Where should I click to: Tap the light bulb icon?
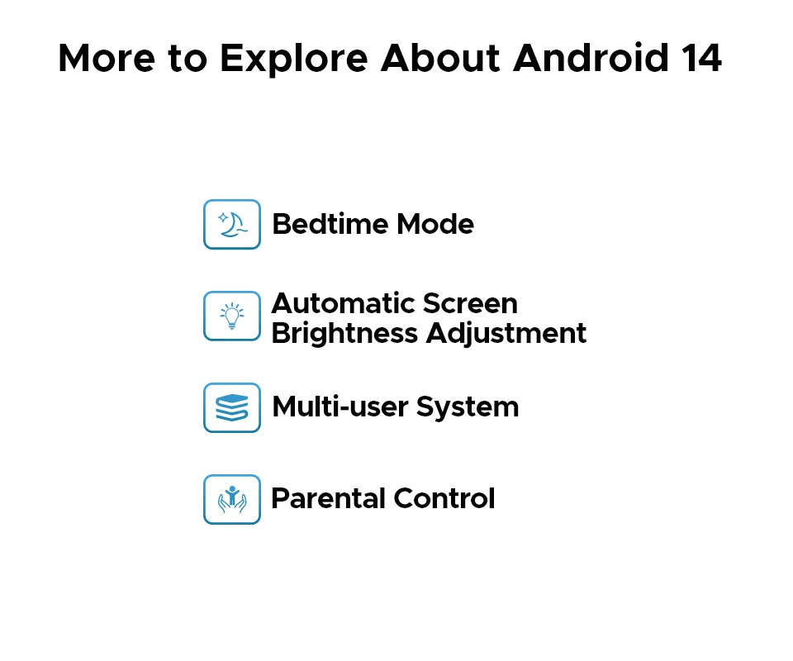[x=232, y=316]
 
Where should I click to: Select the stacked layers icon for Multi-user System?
[x=232, y=407]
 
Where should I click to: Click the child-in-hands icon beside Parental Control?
[x=232, y=499]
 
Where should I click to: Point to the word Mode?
[x=435, y=224]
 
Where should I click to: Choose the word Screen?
[x=470, y=303]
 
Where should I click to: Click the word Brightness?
[x=345, y=334]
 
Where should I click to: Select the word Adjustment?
[x=506, y=334]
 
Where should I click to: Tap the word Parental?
[x=328, y=498]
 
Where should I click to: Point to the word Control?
[x=444, y=498]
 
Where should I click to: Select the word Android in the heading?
[x=591, y=58]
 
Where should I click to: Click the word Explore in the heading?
[x=294, y=59]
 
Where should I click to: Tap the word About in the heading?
[x=440, y=58]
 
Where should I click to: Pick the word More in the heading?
[x=107, y=58]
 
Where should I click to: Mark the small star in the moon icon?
[x=223, y=218]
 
